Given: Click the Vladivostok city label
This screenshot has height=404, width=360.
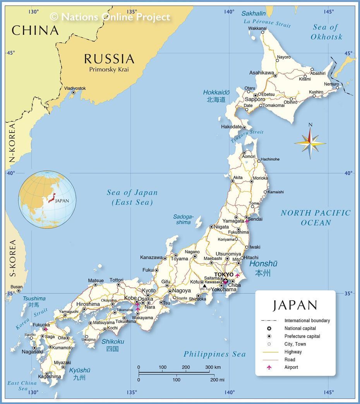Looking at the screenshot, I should pyautogui.click(x=75, y=88).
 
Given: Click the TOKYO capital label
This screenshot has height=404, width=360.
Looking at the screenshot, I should pyautogui.click(x=224, y=275).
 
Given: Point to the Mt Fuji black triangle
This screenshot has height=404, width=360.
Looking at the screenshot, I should pyautogui.click(x=204, y=286).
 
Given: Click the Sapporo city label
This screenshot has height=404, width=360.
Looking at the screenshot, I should pyautogui.click(x=255, y=100).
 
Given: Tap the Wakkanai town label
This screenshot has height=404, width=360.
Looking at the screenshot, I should pyautogui.click(x=257, y=28).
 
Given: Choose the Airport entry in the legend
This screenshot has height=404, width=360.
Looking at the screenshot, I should pyautogui.click(x=291, y=367).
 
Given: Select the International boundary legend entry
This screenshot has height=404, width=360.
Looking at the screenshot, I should pyautogui.click(x=307, y=321).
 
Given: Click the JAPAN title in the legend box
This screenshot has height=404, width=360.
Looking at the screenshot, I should pyautogui.click(x=295, y=305).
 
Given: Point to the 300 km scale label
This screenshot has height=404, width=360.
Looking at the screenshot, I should pyautogui.click(x=213, y=367).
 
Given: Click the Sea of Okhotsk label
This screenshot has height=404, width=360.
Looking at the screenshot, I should pyautogui.click(x=326, y=32).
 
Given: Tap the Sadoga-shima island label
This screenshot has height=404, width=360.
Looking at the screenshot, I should pyautogui.click(x=183, y=220).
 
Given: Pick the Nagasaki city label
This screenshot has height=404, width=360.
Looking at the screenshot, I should pyautogui.click(x=32, y=352).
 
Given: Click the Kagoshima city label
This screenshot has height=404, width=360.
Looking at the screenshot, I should pyautogui.click(x=50, y=376).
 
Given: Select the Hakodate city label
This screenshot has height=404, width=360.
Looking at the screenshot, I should pyautogui.click(x=231, y=127).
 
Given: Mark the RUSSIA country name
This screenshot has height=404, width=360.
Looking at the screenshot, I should pyautogui.click(x=109, y=59).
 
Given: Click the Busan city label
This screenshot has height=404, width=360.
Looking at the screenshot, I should pyautogui.click(x=17, y=287).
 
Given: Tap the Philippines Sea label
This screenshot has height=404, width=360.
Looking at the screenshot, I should pyautogui.click(x=214, y=354).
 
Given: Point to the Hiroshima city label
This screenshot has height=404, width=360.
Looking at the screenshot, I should pyautogui.click(x=88, y=304).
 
